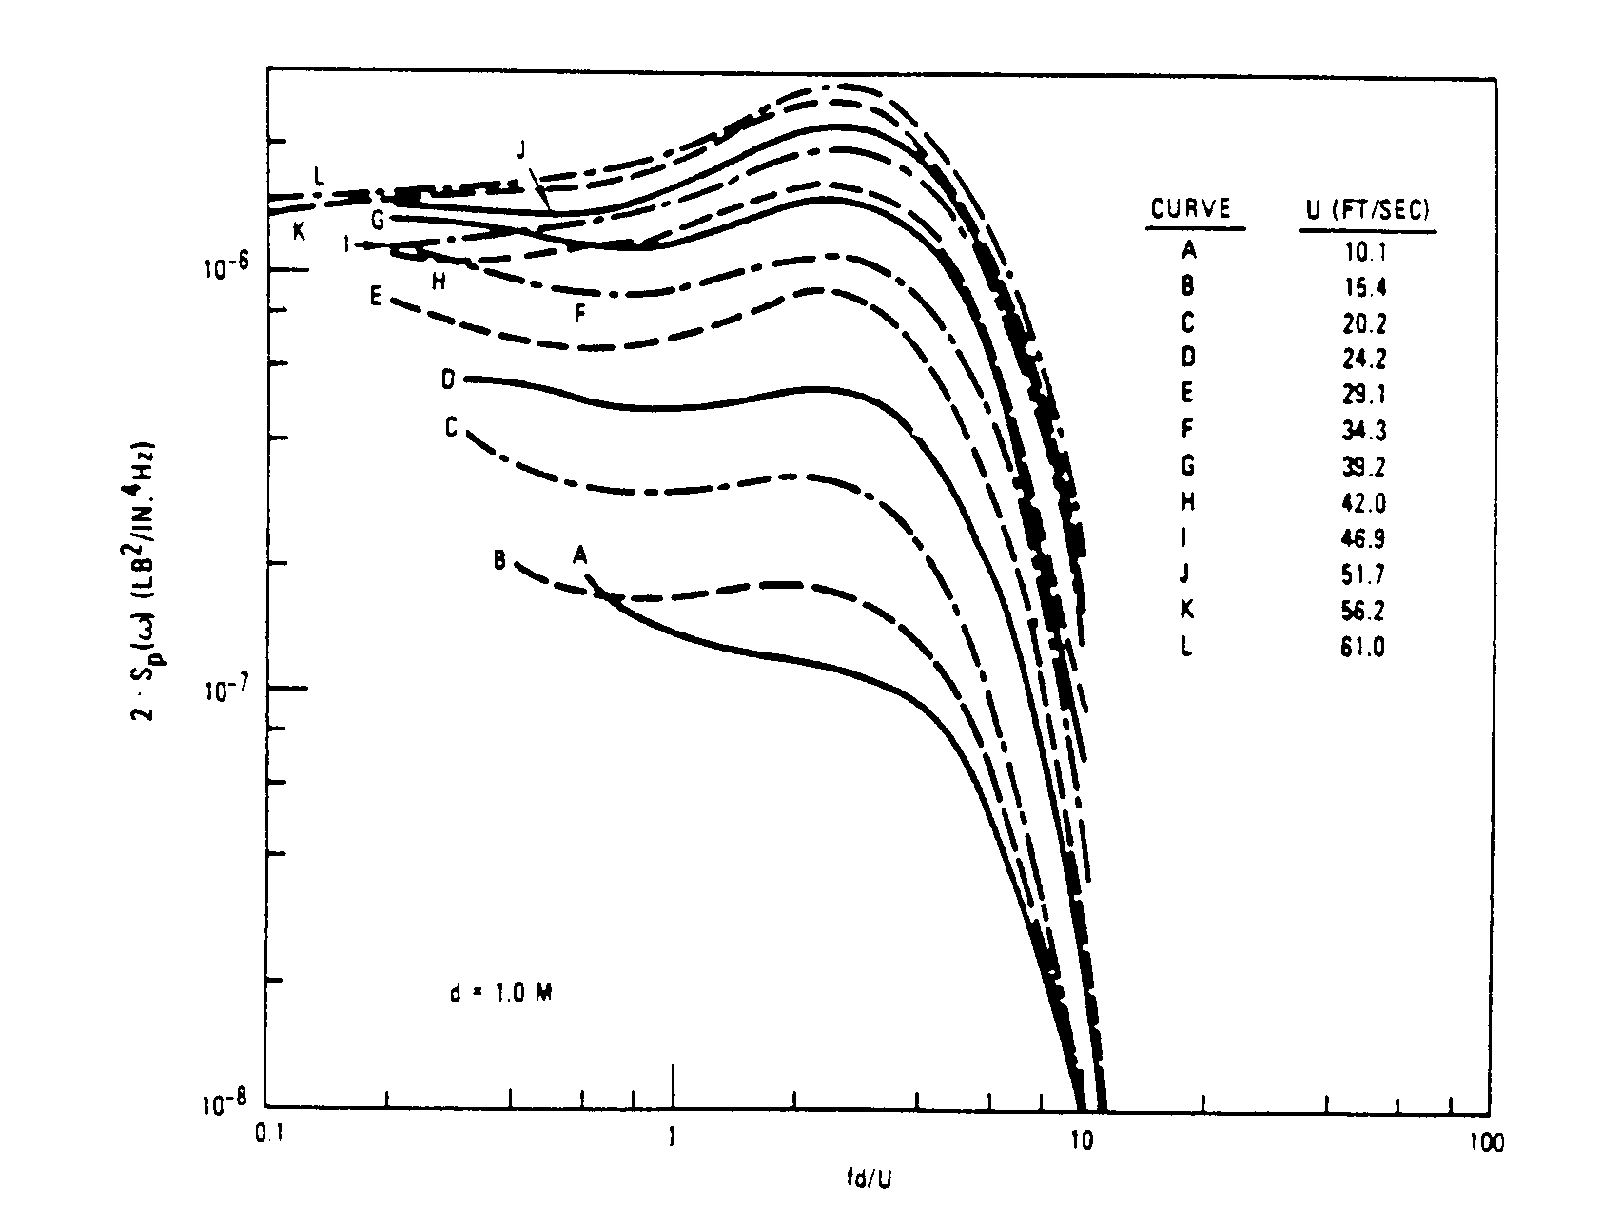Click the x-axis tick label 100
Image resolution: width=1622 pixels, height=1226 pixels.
1486,1138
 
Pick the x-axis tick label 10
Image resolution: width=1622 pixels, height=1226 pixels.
1081,1138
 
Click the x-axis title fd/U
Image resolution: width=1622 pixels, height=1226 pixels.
870,1180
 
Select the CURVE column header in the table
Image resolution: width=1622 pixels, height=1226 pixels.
1190,209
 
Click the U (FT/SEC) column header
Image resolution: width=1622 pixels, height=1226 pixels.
1367,209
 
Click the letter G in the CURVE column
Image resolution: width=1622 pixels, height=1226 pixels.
1188,466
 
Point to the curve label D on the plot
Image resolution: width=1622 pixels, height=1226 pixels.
449,379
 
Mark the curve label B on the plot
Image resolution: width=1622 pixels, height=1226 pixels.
499,560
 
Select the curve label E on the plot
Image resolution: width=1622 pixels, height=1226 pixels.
376,297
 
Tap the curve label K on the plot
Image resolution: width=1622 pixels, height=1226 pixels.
299,230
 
